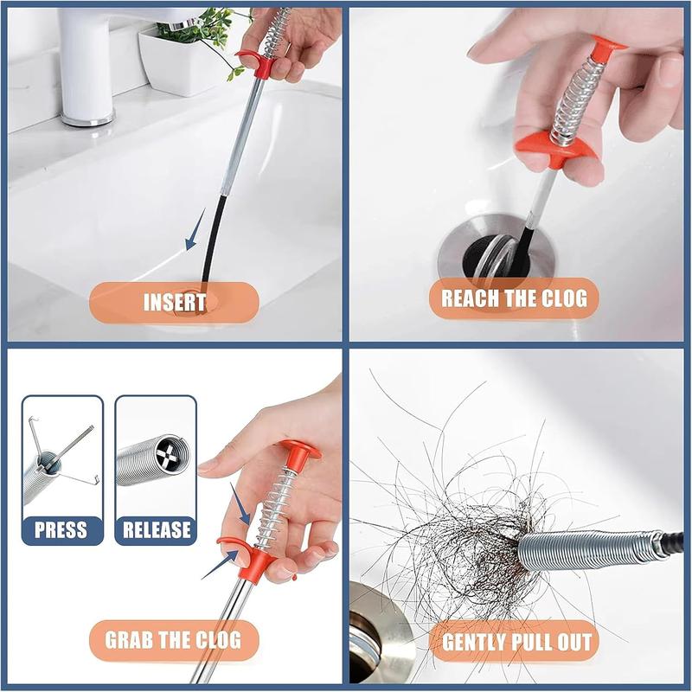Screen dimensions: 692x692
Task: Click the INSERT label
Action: (174, 302)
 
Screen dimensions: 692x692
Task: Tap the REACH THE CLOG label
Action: (514, 298)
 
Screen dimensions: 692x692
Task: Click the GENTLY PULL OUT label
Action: (517, 642)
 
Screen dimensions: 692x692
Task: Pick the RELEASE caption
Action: (156, 529)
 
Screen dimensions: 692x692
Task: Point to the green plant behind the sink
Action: (203, 30)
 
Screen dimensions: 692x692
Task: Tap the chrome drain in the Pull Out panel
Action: (381, 636)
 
